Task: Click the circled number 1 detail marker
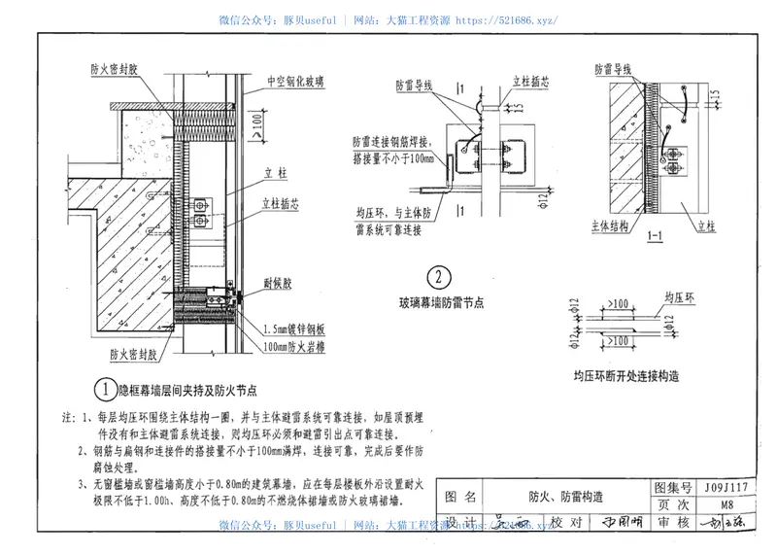coord(105,389)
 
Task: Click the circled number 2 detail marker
coord(440,279)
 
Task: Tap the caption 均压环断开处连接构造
coord(625,374)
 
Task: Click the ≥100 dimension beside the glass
coord(254,121)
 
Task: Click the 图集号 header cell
coord(673,487)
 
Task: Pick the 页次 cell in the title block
coord(673,504)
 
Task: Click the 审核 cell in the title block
coord(673,523)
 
